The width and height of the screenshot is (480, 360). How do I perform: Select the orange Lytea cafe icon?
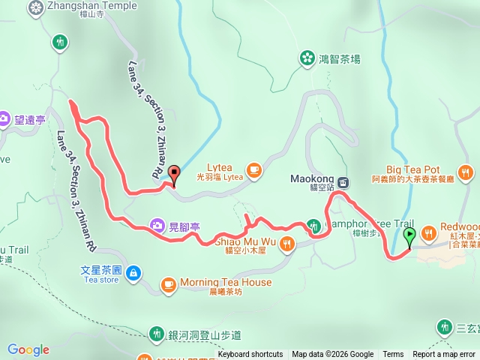point(254,170)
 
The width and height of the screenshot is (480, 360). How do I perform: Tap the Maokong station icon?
point(343,182)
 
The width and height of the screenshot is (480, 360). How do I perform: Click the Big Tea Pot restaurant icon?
point(466,174)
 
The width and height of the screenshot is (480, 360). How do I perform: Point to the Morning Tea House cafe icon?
point(167,284)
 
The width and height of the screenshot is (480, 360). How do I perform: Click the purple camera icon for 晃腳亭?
point(157,224)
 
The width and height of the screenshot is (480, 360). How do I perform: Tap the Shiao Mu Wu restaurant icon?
point(289,243)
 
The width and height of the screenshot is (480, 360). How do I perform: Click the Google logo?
point(28,349)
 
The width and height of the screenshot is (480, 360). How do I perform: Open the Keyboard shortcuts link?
point(250,355)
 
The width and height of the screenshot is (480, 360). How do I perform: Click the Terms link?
point(393,355)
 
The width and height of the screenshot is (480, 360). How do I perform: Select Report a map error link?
point(444,355)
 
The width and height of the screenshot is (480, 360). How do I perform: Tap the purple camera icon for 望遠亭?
point(4,118)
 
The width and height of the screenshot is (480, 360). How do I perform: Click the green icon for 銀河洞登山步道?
point(157,332)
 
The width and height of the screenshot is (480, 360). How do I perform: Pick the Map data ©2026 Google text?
point(332,355)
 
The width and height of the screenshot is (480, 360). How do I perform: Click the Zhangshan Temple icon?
point(36,7)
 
